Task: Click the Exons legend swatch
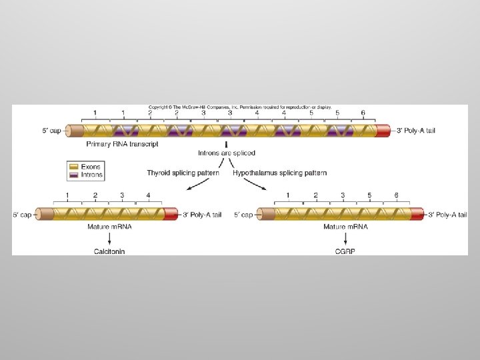pyautogui.click(x=73, y=167)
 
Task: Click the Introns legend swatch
pyautogui.click(x=73, y=175)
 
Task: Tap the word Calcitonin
pyautogui.click(x=109, y=251)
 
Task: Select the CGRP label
pyautogui.click(x=343, y=251)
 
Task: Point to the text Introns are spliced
pyautogui.click(x=227, y=153)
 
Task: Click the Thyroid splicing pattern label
pyautogui.click(x=183, y=173)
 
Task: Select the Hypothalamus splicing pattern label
pyautogui.click(x=280, y=173)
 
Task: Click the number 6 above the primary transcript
pyautogui.click(x=363, y=113)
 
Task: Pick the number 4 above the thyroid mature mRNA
pyautogui.click(x=149, y=195)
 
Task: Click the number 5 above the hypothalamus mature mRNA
pyautogui.click(x=369, y=195)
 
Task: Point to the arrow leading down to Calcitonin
pyautogui.click(x=109, y=239)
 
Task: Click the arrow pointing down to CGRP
pyautogui.click(x=343, y=239)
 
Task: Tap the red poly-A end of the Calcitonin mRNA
pyautogui.click(x=171, y=213)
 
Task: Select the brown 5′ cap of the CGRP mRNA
pyautogui.click(x=265, y=213)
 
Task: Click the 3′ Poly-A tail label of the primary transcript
pyautogui.click(x=416, y=131)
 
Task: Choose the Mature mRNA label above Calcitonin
pyautogui.click(x=109, y=227)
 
